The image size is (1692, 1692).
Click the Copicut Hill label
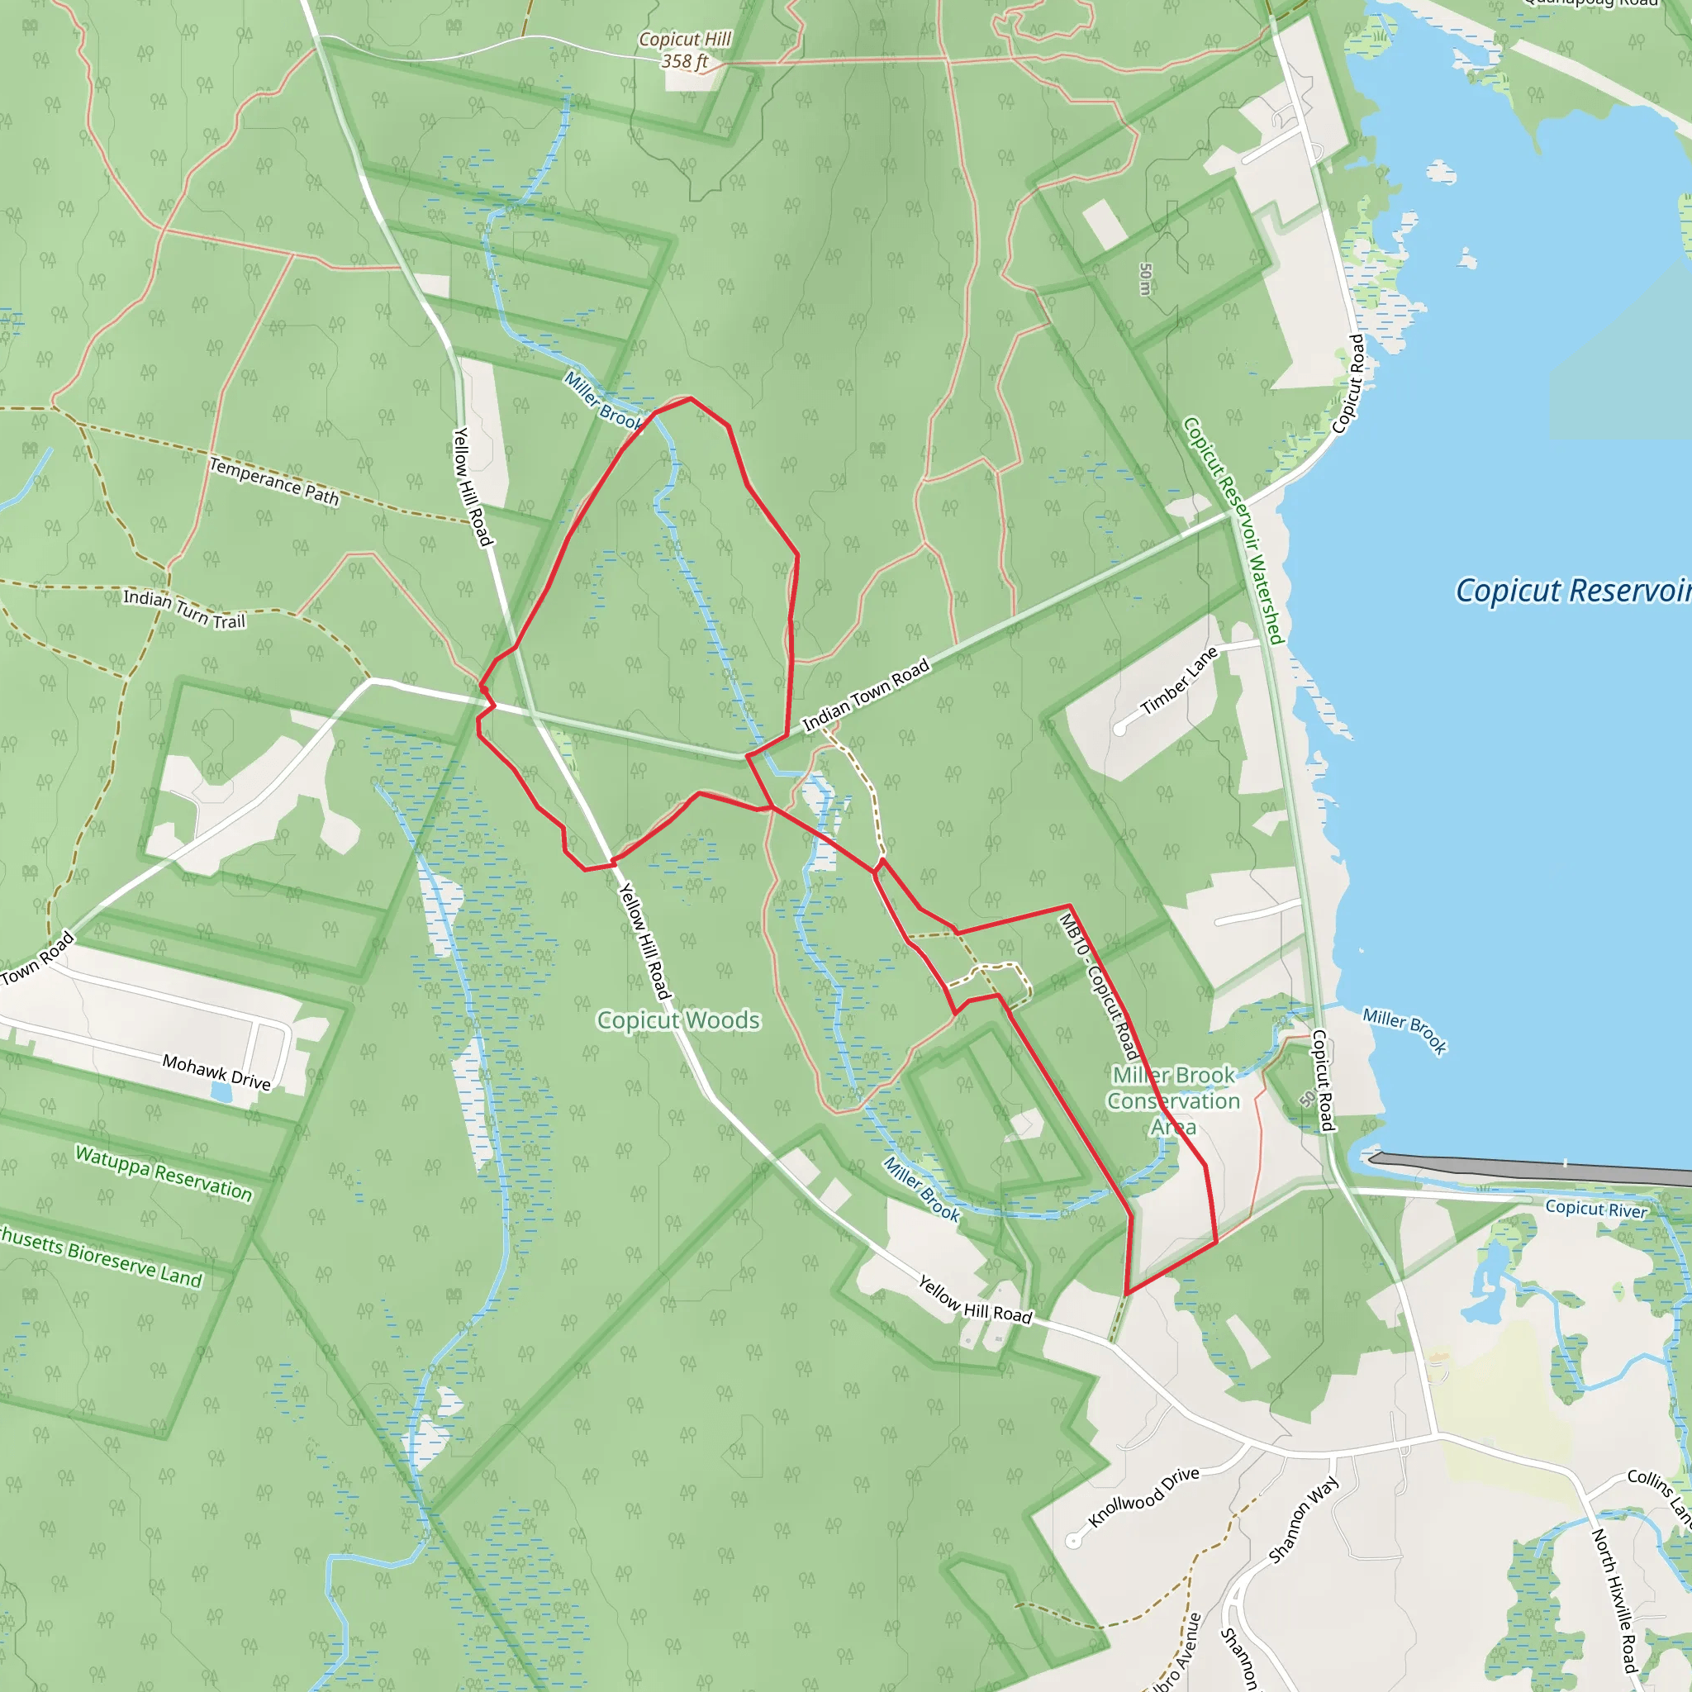684,40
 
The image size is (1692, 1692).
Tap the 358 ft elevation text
684,61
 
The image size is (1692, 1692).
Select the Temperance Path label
274,482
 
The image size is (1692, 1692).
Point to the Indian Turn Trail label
184,609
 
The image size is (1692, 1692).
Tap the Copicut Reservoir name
1573,592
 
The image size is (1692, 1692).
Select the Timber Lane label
1179,682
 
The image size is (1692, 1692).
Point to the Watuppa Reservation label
164,1173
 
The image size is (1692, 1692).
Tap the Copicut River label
1595,1209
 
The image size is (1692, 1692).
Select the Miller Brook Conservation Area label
1173,1100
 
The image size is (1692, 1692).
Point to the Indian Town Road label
866,696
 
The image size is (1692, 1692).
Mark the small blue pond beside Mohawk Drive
221,1093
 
